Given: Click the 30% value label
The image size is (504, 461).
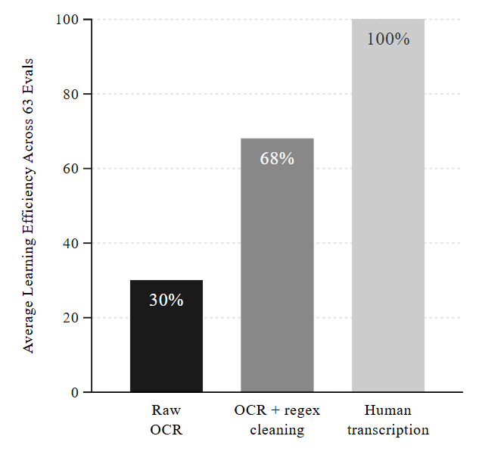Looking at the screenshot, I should pos(166,300).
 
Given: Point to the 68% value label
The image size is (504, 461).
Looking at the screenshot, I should pos(277,159).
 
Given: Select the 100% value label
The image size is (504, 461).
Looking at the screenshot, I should pos(388,39).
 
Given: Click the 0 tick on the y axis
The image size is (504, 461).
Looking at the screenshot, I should pos(75,392).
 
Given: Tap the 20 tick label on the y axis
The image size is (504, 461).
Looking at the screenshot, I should pos(71,318).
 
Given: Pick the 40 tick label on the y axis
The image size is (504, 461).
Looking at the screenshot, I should pos(71,243).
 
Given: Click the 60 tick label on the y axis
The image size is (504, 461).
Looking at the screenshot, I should pos(71,168).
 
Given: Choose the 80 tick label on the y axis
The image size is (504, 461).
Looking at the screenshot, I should pos(71,94).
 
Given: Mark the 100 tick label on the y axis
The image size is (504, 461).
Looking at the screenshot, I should pos(67,19).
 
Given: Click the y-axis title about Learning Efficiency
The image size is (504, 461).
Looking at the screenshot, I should pos(29,205).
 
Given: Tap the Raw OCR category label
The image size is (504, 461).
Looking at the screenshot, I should pos(166,420).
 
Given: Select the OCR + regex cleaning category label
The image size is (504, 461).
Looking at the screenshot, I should pos(277,420).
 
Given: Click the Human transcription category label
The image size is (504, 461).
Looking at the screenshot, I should pos(388,420).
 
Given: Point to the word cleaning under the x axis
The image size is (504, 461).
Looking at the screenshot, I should pos(277,430).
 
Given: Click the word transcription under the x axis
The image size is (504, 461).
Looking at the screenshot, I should pos(388,430).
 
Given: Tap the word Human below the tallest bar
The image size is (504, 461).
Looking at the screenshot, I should pos(388,411).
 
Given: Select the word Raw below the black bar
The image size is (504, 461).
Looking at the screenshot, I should pos(166,411).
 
